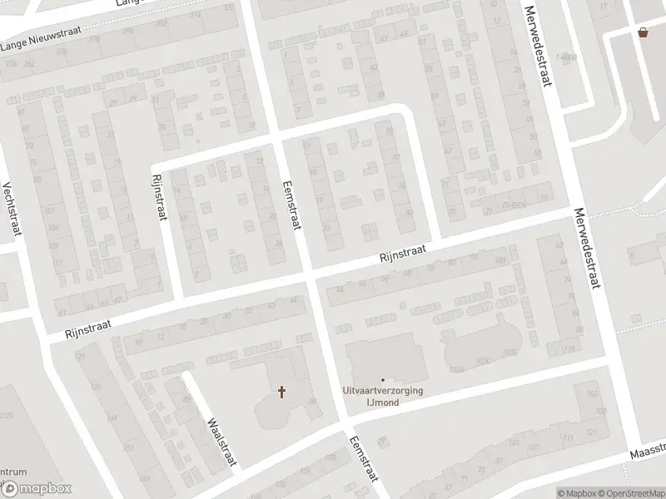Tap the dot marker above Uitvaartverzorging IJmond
tap(383, 381)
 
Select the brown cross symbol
tap(282, 391)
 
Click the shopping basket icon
tap(643, 32)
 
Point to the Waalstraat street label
tap(222, 441)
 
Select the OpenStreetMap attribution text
tap(630, 493)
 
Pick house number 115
tap(569, 350)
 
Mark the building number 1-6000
tap(567, 57)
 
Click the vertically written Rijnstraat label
tap(159, 196)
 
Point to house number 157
tap(127, 448)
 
